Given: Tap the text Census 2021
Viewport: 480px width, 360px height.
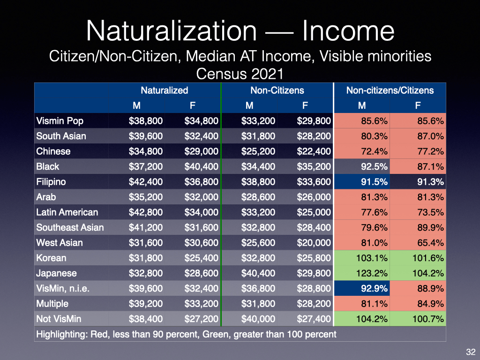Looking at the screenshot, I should [x=240, y=74].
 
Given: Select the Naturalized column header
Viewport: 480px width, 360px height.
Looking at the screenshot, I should [x=164, y=90].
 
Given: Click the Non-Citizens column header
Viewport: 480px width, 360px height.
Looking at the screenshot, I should [x=277, y=90].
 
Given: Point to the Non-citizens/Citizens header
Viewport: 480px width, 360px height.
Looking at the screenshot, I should [x=390, y=90].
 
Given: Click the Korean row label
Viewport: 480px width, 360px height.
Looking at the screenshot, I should [x=51, y=258].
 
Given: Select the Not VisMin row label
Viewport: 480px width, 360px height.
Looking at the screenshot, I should [x=59, y=319].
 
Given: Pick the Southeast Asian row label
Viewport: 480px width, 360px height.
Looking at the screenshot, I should [x=70, y=227].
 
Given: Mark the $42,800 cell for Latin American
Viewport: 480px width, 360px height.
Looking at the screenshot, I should [x=146, y=212].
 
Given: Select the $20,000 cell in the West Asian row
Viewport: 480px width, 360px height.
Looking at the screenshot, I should [x=314, y=243].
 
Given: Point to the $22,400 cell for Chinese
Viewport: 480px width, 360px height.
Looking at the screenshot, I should [x=314, y=151].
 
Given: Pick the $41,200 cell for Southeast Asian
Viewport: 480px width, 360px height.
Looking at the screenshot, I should [x=146, y=227].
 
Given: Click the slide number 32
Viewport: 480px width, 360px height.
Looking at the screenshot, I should [x=469, y=352].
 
